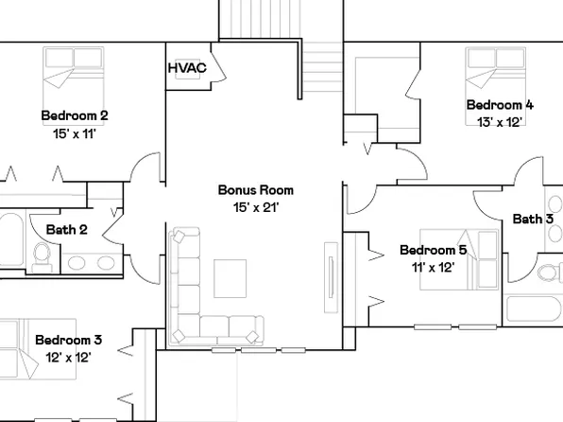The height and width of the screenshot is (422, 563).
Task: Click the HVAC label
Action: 186,68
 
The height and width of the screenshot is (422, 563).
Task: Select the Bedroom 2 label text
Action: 75,115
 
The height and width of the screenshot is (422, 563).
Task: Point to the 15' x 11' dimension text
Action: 75,133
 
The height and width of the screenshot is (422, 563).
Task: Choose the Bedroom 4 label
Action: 500,104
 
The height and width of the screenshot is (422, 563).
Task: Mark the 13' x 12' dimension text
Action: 500,121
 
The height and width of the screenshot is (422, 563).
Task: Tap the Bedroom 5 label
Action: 433,250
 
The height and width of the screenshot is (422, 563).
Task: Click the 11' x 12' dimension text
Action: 433,267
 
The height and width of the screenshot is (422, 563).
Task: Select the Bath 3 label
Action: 533,220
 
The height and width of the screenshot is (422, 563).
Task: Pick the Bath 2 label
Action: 66,229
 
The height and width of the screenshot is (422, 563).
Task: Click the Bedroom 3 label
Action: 68,340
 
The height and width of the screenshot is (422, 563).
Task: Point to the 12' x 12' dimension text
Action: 68,357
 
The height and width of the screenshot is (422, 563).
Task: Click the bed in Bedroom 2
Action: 74,78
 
